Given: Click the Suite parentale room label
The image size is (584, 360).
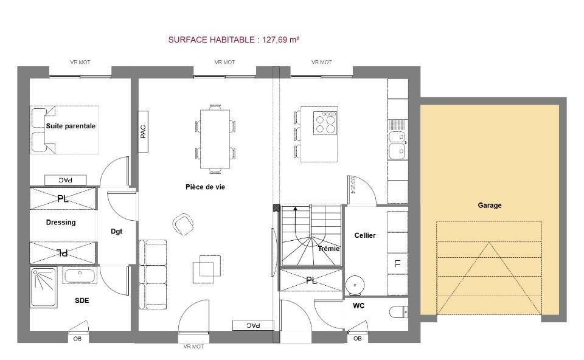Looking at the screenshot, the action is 71,126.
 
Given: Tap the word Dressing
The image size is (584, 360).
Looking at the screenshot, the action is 61,222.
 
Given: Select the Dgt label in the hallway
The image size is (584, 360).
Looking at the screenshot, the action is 117,231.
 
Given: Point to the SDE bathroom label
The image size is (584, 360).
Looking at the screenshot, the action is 82,300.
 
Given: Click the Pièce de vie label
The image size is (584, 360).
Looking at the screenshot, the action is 205,187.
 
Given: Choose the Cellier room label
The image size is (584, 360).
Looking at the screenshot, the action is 365,235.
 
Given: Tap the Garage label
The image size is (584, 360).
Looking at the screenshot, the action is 489,205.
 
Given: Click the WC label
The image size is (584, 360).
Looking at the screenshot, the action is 359,306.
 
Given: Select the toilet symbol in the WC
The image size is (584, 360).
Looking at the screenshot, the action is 398,312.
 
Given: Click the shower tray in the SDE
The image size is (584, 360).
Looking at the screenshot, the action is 44,288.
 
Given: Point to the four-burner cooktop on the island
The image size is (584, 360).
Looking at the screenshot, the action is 325,122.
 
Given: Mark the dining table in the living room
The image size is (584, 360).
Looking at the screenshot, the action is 215,139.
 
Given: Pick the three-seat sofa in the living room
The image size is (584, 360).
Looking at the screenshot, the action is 152,274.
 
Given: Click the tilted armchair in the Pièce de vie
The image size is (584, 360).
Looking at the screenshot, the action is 183,224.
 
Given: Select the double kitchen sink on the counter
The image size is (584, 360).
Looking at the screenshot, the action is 398,145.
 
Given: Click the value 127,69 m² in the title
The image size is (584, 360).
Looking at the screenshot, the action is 281,40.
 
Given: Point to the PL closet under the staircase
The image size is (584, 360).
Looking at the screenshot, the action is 311,280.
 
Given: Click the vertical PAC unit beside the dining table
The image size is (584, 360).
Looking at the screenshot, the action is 143,131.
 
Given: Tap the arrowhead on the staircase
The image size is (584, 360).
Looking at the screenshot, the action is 296,209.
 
